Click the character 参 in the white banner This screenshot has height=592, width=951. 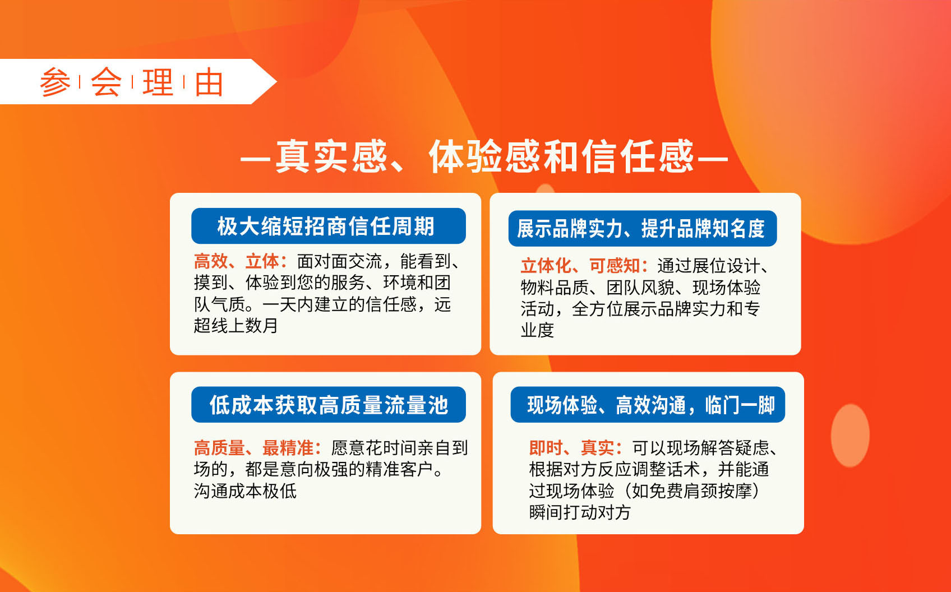(x=55, y=82)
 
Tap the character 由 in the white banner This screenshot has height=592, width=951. (x=209, y=82)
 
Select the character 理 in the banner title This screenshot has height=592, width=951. (x=158, y=82)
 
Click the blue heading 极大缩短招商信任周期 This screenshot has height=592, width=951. (x=326, y=226)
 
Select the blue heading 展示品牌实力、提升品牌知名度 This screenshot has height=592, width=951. (x=641, y=229)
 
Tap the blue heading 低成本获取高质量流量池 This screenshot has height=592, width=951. (x=329, y=405)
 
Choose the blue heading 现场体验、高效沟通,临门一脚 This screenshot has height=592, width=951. (x=651, y=405)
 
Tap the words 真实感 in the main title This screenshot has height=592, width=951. (x=331, y=156)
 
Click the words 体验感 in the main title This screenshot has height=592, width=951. (x=485, y=156)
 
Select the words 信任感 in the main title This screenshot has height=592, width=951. (x=638, y=156)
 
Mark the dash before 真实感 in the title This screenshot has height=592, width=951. (x=255, y=160)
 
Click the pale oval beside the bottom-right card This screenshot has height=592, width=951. (x=850, y=436)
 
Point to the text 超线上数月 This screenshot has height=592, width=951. (x=236, y=326)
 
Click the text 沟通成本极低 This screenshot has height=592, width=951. (x=245, y=491)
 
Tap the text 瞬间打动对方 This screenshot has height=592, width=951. (x=580, y=512)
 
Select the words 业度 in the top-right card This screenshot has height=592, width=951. (x=538, y=330)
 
